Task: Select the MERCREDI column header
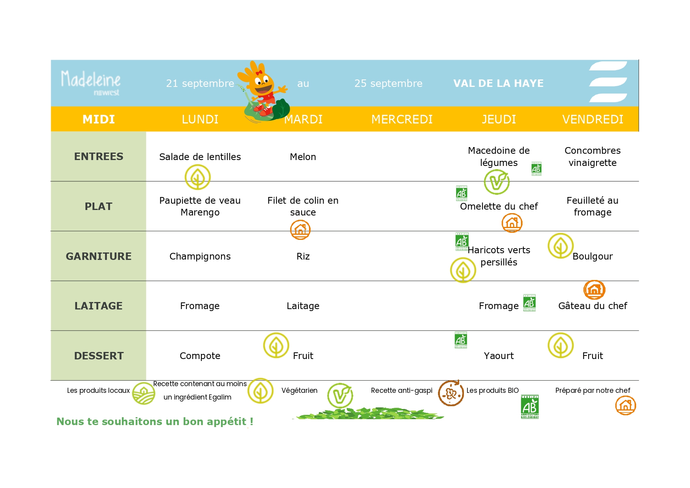(402, 119)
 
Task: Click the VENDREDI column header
(592, 119)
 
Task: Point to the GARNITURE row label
(98, 256)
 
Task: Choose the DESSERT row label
(99, 356)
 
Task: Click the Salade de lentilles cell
(200, 157)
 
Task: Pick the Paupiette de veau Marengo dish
(200, 206)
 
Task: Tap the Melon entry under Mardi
(303, 157)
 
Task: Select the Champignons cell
(200, 256)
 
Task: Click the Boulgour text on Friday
(592, 256)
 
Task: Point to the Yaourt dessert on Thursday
(499, 356)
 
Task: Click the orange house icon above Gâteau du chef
(594, 290)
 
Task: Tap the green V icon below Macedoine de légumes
(497, 182)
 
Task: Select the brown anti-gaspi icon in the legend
(451, 393)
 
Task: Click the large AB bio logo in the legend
(530, 407)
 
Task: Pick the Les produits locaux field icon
(144, 394)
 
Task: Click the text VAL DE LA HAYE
(498, 83)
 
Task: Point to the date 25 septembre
(388, 83)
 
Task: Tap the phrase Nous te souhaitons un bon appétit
(155, 422)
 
